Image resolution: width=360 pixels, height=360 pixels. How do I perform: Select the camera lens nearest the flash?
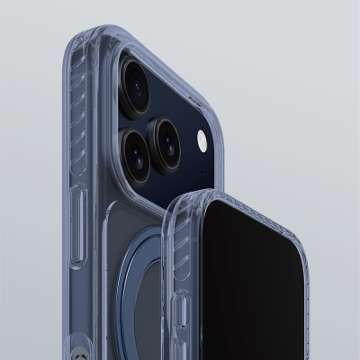tap(167, 134)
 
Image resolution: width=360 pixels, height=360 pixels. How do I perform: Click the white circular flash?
tap(202, 141)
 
